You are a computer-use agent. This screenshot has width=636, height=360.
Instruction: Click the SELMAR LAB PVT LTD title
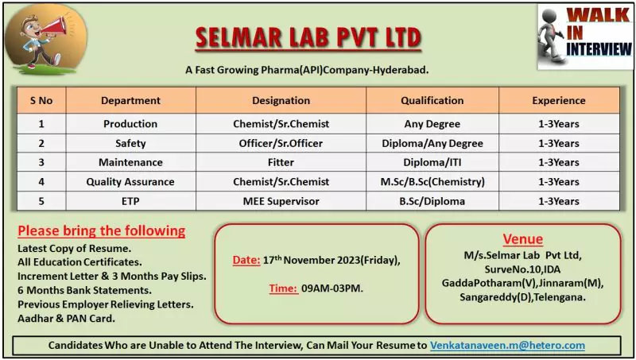(x=308, y=37)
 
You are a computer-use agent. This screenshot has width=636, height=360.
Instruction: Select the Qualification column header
(x=432, y=101)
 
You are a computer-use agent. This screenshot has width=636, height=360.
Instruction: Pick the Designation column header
(x=281, y=101)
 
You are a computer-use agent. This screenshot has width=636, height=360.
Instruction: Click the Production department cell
(x=130, y=124)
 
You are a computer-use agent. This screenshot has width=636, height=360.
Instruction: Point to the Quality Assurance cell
(x=130, y=182)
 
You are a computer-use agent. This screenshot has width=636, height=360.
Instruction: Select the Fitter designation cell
(x=281, y=163)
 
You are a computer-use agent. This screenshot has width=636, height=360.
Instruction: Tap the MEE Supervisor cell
(x=281, y=201)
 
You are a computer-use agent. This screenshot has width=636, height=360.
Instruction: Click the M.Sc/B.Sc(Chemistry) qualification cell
(x=432, y=182)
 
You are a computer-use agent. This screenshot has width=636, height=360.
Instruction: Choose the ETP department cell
(x=130, y=201)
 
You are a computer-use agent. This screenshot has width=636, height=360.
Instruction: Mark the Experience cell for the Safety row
(x=559, y=144)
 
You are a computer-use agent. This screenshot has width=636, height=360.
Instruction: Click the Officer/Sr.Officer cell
(x=281, y=144)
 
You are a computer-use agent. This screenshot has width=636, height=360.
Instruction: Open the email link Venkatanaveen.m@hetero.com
(x=507, y=346)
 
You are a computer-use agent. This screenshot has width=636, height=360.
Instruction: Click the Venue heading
(x=523, y=239)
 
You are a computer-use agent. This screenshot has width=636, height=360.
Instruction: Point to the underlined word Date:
(x=246, y=260)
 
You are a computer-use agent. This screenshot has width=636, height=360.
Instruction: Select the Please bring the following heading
(x=101, y=231)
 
